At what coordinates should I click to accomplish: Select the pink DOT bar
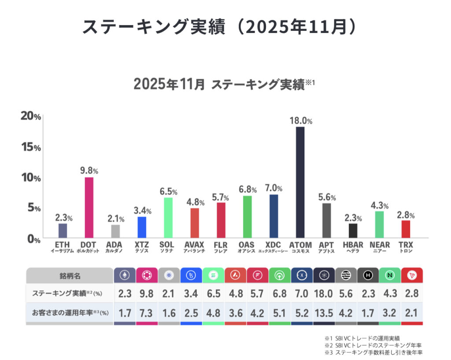[x=89, y=207]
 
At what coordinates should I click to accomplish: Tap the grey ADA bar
[x=115, y=231]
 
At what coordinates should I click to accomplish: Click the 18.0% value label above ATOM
[x=301, y=120]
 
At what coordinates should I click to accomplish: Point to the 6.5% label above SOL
[x=168, y=192]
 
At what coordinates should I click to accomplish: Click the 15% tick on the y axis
[x=30, y=147]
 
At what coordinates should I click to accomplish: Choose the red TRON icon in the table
[x=412, y=275]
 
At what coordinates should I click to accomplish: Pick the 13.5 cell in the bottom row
[x=324, y=313]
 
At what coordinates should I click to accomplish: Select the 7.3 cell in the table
[x=147, y=313]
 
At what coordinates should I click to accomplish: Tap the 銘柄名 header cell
[x=70, y=276]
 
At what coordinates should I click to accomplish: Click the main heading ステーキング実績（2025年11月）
[x=219, y=27]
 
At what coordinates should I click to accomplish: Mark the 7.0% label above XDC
[x=274, y=188]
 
